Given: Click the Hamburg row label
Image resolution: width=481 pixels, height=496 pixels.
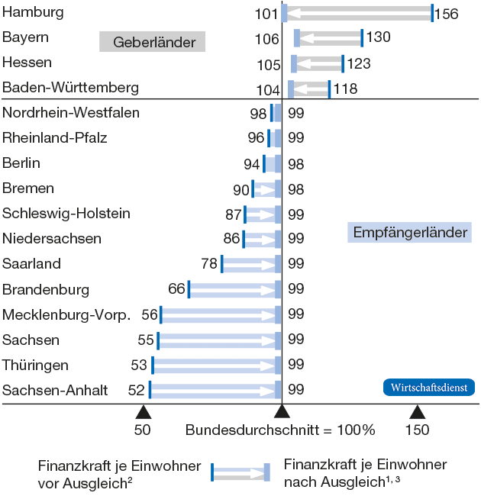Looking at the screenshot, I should click(33, 12).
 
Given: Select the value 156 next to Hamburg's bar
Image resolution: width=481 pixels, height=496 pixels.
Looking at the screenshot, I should click(446, 14).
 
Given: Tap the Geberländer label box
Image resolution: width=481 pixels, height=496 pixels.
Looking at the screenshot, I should click(153, 43).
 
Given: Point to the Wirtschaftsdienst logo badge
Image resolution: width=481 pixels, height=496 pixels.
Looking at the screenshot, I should click(428, 388).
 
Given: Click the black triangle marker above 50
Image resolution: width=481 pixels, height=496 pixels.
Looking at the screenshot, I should click(143, 413).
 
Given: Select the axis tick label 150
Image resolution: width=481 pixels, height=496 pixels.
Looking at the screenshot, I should click(417, 430).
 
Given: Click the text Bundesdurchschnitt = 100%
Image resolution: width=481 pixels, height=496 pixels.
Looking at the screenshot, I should click(280, 430).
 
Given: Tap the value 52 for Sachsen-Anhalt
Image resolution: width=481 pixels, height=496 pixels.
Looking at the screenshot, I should click(136, 390).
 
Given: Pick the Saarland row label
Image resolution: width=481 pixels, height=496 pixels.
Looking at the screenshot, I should click(32, 264).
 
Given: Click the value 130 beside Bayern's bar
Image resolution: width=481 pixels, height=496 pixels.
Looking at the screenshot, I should click(378, 37).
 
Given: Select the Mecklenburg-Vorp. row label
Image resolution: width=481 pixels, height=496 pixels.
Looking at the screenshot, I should click(67, 314).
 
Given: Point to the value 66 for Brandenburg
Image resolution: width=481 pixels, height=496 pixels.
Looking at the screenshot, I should click(176, 289).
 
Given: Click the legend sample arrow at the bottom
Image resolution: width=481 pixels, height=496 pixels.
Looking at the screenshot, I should click(240, 473).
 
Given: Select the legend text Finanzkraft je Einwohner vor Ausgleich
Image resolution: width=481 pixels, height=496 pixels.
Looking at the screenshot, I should click(119, 473).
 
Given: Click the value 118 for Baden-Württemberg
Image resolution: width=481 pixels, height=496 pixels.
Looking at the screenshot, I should click(345, 89).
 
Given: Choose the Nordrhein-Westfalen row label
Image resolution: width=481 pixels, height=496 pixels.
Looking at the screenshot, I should click(71, 114).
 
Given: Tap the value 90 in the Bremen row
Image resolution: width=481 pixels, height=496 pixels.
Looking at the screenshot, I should click(241, 189).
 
